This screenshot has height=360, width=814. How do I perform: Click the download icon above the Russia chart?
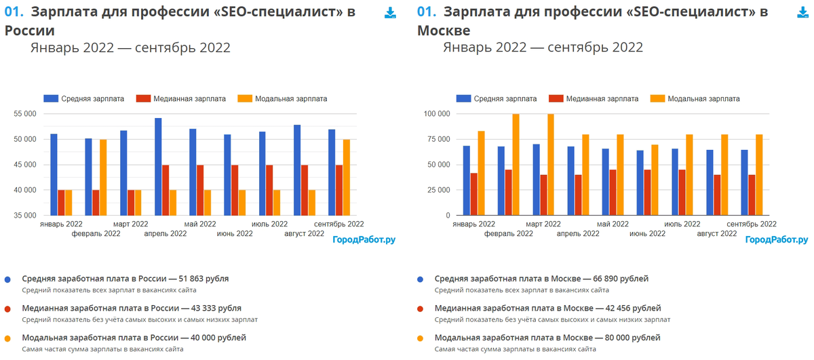click(390, 13)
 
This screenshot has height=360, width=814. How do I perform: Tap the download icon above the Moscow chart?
click(802, 13)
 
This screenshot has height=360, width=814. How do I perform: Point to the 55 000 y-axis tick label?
click(25, 114)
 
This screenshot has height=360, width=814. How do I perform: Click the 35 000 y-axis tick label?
click(25, 216)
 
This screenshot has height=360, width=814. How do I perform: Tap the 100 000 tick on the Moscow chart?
click(435, 114)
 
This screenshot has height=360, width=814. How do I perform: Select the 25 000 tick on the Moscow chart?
click(438, 190)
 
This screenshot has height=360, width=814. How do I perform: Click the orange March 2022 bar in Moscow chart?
click(550, 165)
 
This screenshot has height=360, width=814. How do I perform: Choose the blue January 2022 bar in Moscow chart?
click(466, 180)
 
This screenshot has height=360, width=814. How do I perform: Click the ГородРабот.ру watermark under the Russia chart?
click(364, 239)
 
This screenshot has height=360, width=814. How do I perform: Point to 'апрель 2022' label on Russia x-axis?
click(166, 233)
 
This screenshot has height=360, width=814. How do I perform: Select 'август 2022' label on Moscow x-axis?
click(717, 233)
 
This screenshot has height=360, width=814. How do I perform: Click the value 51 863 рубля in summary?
click(203, 279)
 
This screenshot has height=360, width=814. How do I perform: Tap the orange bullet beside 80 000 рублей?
click(421, 338)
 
